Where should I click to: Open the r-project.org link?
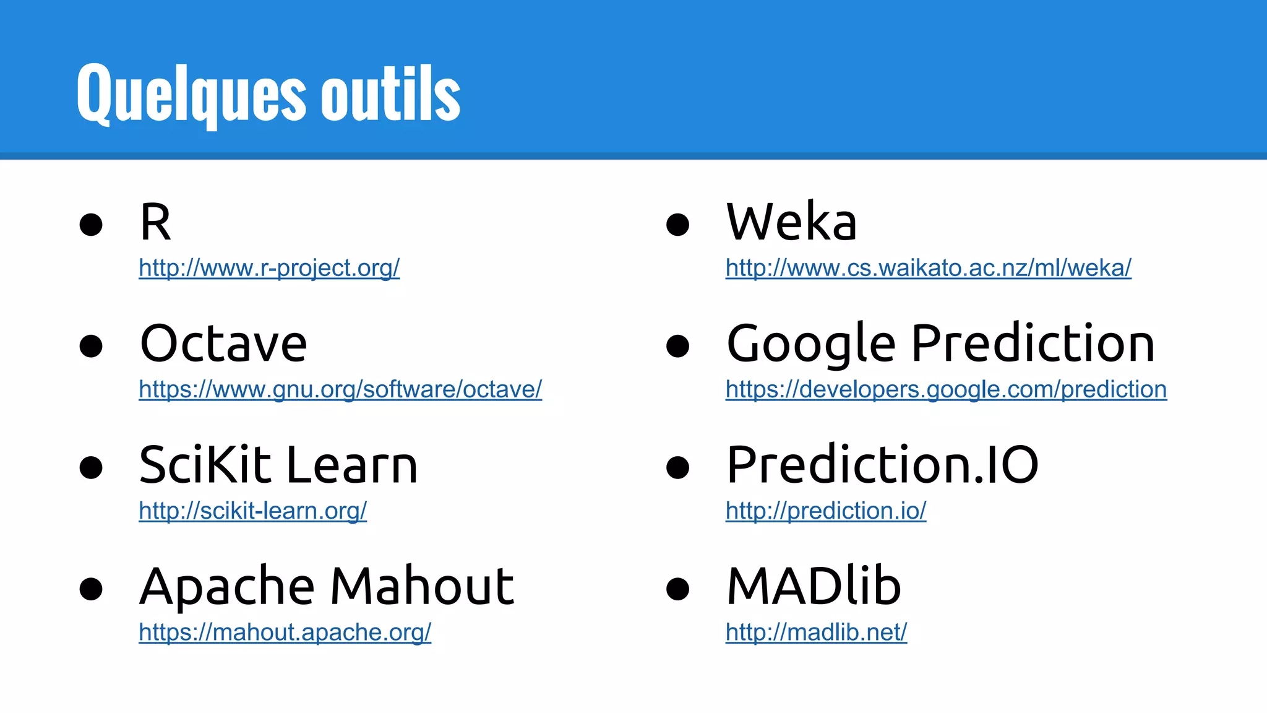pos(269,268)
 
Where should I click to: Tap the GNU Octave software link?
pos(340,389)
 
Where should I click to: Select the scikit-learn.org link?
pos(252,511)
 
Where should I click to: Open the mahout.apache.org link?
pos(285,632)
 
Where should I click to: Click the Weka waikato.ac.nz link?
pos(928,268)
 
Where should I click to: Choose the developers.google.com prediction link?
pos(946,389)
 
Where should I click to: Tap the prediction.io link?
pos(826,511)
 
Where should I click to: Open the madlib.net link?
pos(816,632)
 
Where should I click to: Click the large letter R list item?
pos(155,223)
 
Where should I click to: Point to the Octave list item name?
pos(223,344)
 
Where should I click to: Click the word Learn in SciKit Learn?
pos(352,465)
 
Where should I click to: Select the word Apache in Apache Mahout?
pos(227,587)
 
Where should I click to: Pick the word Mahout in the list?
pos(422,586)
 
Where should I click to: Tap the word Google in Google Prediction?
pos(811,344)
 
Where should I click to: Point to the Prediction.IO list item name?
pos(882,465)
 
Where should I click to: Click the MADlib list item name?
pos(814,586)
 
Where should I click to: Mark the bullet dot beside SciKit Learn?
pos(91,467)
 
